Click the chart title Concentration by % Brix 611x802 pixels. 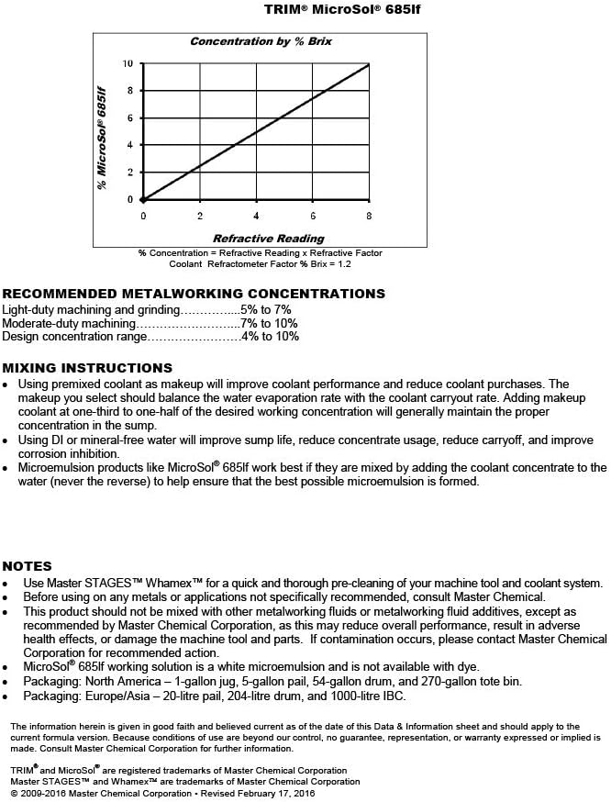click(x=256, y=41)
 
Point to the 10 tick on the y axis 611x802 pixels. click(x=128, y=63)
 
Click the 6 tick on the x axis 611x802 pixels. click(x=313, y=216)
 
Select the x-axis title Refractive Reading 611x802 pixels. click(x=256, y=239)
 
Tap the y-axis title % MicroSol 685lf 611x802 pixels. click(x=102, y=138)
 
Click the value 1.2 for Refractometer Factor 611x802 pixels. click(x=343, y=264)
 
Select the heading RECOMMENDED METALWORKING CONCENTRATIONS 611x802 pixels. click(x=194, y=294)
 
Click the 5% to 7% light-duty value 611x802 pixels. click(x=265, y=310)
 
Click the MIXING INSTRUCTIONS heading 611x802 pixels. click(x=80, y=366)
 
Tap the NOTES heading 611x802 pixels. click(x=27, y=566)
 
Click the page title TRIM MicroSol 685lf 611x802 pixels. click(x=305, y=9)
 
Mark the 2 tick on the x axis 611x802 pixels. click(x=200, y=216)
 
